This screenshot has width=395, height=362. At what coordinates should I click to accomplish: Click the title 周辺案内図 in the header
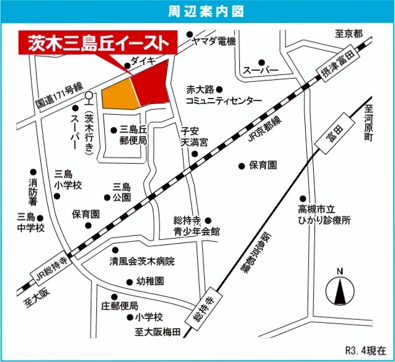[x=197, y=12]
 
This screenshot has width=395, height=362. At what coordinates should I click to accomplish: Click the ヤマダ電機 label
[x=214, y=41]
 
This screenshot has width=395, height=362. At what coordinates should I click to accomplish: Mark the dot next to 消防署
[x=32, y=172]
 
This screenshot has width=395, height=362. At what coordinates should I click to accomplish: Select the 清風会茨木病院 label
[x=142, y=261]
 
